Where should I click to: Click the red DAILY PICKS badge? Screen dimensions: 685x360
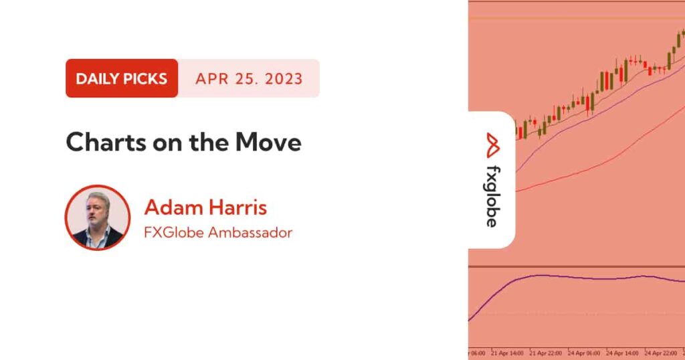122,78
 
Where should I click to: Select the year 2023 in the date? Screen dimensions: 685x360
284,79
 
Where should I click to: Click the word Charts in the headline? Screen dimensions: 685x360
106,142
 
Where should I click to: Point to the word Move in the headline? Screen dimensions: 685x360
268,142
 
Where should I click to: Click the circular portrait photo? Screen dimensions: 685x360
98,217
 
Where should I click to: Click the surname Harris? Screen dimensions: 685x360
236,207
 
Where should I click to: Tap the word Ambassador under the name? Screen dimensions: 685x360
250,232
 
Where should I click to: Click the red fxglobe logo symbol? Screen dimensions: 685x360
493,145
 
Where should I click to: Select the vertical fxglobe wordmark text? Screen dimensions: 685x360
492,197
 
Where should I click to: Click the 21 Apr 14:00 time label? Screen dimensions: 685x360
507,353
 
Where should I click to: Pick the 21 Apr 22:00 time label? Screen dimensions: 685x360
545,353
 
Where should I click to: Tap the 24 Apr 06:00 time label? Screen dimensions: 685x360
583,353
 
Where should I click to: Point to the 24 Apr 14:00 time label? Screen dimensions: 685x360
622,353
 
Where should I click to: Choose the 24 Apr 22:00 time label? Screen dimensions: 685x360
660,353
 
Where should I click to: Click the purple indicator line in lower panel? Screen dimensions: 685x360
577,278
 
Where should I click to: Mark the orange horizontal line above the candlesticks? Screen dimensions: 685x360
577,18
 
